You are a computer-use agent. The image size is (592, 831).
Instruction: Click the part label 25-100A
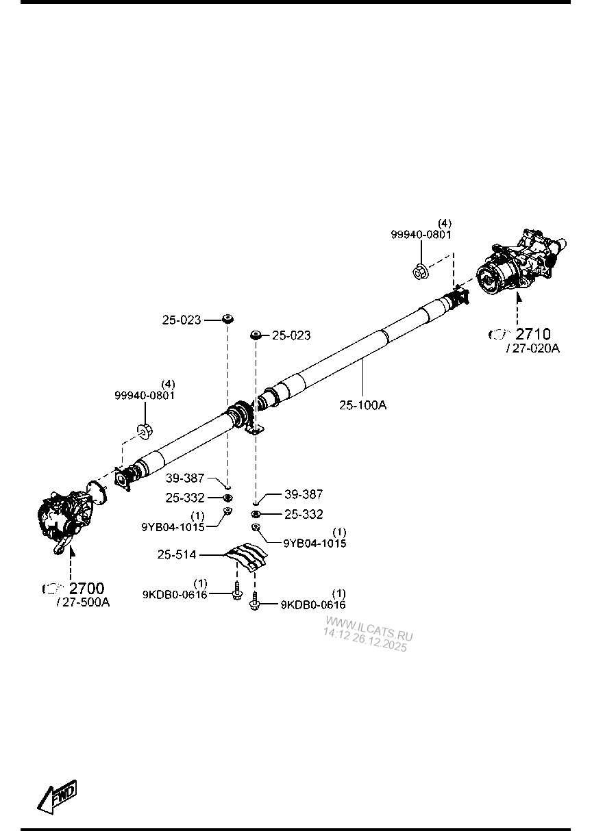362,405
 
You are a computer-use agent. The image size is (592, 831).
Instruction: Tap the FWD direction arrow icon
57,796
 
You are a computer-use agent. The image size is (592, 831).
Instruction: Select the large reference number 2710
532,334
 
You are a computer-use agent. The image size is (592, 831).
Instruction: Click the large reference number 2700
86,588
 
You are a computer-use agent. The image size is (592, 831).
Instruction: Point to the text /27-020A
532,348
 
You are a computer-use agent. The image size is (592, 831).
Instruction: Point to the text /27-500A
84,602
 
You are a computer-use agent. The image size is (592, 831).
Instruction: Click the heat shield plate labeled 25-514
248,556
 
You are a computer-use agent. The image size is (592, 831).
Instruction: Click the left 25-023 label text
182,319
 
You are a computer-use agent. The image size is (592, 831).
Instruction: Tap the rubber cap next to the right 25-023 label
256,334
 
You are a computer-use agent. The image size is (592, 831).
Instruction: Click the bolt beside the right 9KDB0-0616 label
255,603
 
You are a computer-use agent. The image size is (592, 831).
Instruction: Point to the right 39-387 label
304,494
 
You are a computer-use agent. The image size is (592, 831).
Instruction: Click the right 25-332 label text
304,514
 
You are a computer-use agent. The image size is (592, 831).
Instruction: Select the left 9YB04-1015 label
173,527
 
